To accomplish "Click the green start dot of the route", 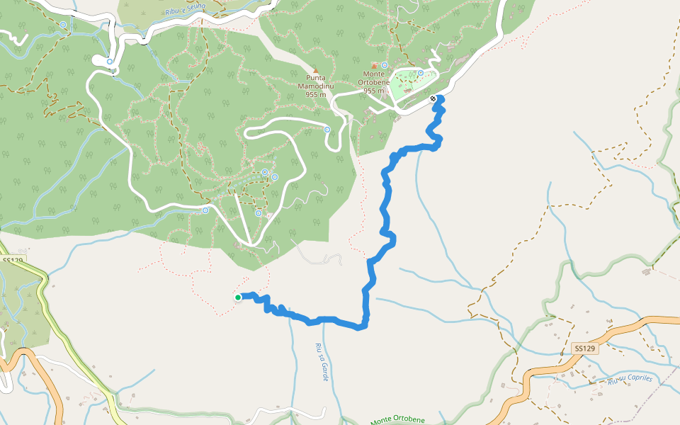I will pyautogui.click(x=238, y=297).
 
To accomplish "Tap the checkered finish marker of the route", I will pyautogui.click(x=433, y=98).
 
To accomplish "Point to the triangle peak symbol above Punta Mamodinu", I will pyautogui.click(x=316, y=69).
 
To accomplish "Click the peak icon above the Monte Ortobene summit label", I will pyautogui.click(x=374, y=66).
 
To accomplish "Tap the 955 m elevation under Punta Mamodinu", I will pyautogui.click(x=317, y=94).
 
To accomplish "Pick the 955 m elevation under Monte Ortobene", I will pyautogui.click(x=373, y=91).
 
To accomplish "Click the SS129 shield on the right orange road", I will pyautogui.click(x=585, y=348).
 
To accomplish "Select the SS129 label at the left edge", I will pyautogui.click(x=13, y=261).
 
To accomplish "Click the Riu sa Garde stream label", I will pyautogui.click(x=322, y=362).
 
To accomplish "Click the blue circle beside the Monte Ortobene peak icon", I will pyautogui.click(x=385, y=65).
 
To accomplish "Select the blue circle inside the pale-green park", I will pyautogui.click(x=421, y=72).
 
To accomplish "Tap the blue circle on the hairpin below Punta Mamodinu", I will pyautogui.click(x=327, y=130).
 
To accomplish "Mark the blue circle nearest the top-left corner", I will pyautogui.click(x=63, y=25).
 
